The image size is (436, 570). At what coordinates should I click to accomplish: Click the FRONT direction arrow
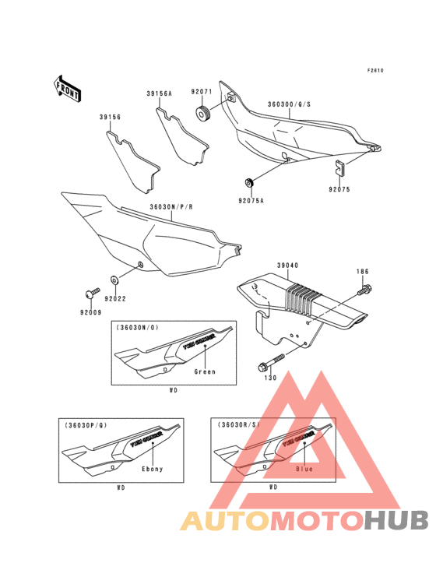68,87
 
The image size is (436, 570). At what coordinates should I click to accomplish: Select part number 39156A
158,93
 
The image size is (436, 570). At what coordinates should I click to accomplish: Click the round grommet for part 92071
204,115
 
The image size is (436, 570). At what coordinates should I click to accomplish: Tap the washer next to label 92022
115,277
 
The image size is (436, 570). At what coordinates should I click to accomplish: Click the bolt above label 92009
90,292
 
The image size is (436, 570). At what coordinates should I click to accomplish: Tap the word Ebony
152,469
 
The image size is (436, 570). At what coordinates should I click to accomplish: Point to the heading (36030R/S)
238,425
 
